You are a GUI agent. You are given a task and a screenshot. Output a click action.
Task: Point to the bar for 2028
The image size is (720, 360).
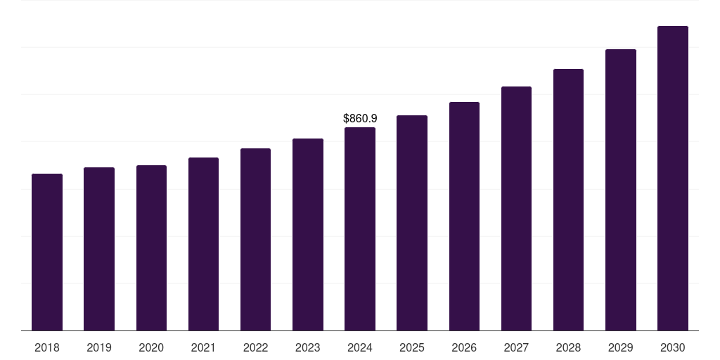click(568, 200)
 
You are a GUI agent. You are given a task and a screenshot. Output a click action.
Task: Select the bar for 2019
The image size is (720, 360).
click(99, 249)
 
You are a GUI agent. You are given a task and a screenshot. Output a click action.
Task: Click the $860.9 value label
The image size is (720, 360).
click(360, 119)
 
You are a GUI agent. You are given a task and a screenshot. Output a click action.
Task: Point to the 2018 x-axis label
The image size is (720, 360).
click(47, 347)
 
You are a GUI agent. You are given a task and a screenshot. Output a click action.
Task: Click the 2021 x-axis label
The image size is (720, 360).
click(203, 347)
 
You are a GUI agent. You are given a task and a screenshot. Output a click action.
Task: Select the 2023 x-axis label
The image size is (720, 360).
click(308, 347)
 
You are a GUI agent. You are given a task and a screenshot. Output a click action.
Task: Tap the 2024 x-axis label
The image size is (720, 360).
click(360, 347)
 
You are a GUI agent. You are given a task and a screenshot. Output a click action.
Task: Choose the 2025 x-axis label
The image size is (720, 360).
click(412, 347)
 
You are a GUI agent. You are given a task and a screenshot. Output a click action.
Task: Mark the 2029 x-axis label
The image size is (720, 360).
click(621, 347)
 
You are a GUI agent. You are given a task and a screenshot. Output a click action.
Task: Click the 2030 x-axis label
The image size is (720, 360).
click(673, 347)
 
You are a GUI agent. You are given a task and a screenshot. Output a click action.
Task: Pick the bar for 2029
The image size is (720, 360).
click(621, 190)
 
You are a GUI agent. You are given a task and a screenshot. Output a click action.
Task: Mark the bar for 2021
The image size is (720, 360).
click(203, 244)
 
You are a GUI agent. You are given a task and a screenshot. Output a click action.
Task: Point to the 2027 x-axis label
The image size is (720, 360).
click(516, 347)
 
